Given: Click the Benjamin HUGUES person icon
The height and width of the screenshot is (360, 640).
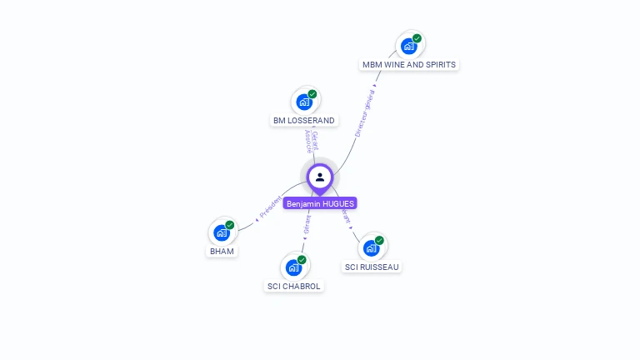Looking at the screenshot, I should click(320, 177).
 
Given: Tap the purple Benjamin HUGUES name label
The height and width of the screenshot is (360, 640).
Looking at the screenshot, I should click(320, 203).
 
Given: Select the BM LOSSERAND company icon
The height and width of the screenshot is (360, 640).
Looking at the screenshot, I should click(304, 102).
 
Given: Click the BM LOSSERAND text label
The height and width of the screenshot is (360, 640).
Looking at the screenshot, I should click(304, 121).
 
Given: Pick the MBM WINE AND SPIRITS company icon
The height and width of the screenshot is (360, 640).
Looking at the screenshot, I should click(409, 46).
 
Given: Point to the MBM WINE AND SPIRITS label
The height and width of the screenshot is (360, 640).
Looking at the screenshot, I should click(409, 65).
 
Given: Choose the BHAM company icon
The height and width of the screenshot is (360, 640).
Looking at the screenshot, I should click(222, 232).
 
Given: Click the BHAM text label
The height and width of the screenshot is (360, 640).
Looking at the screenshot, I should click(222, 251).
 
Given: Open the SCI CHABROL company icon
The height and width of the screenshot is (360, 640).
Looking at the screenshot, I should click(293, 267).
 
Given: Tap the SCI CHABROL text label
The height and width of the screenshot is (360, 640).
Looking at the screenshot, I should click(293, 287).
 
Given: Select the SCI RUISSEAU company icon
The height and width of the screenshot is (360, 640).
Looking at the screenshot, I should click(372, 247).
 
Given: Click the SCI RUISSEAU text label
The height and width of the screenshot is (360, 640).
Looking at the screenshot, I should click(372, 267).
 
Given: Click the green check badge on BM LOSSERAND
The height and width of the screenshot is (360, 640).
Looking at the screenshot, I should click(312, 94).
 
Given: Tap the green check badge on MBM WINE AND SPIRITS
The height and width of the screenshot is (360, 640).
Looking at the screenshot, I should click(417, 38).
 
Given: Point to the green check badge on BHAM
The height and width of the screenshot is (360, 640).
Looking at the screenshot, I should click(229, 225).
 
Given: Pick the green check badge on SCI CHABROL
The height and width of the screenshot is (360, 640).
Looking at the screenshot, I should click(302, 260).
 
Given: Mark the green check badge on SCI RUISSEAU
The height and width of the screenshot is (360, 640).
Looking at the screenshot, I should click(379, 240).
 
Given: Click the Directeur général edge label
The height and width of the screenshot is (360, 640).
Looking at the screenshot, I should click(365, 112).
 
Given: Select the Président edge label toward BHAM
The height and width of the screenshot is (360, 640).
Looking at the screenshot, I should click(269, 207).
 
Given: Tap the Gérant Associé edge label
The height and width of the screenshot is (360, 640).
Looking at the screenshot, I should click(311, 142).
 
